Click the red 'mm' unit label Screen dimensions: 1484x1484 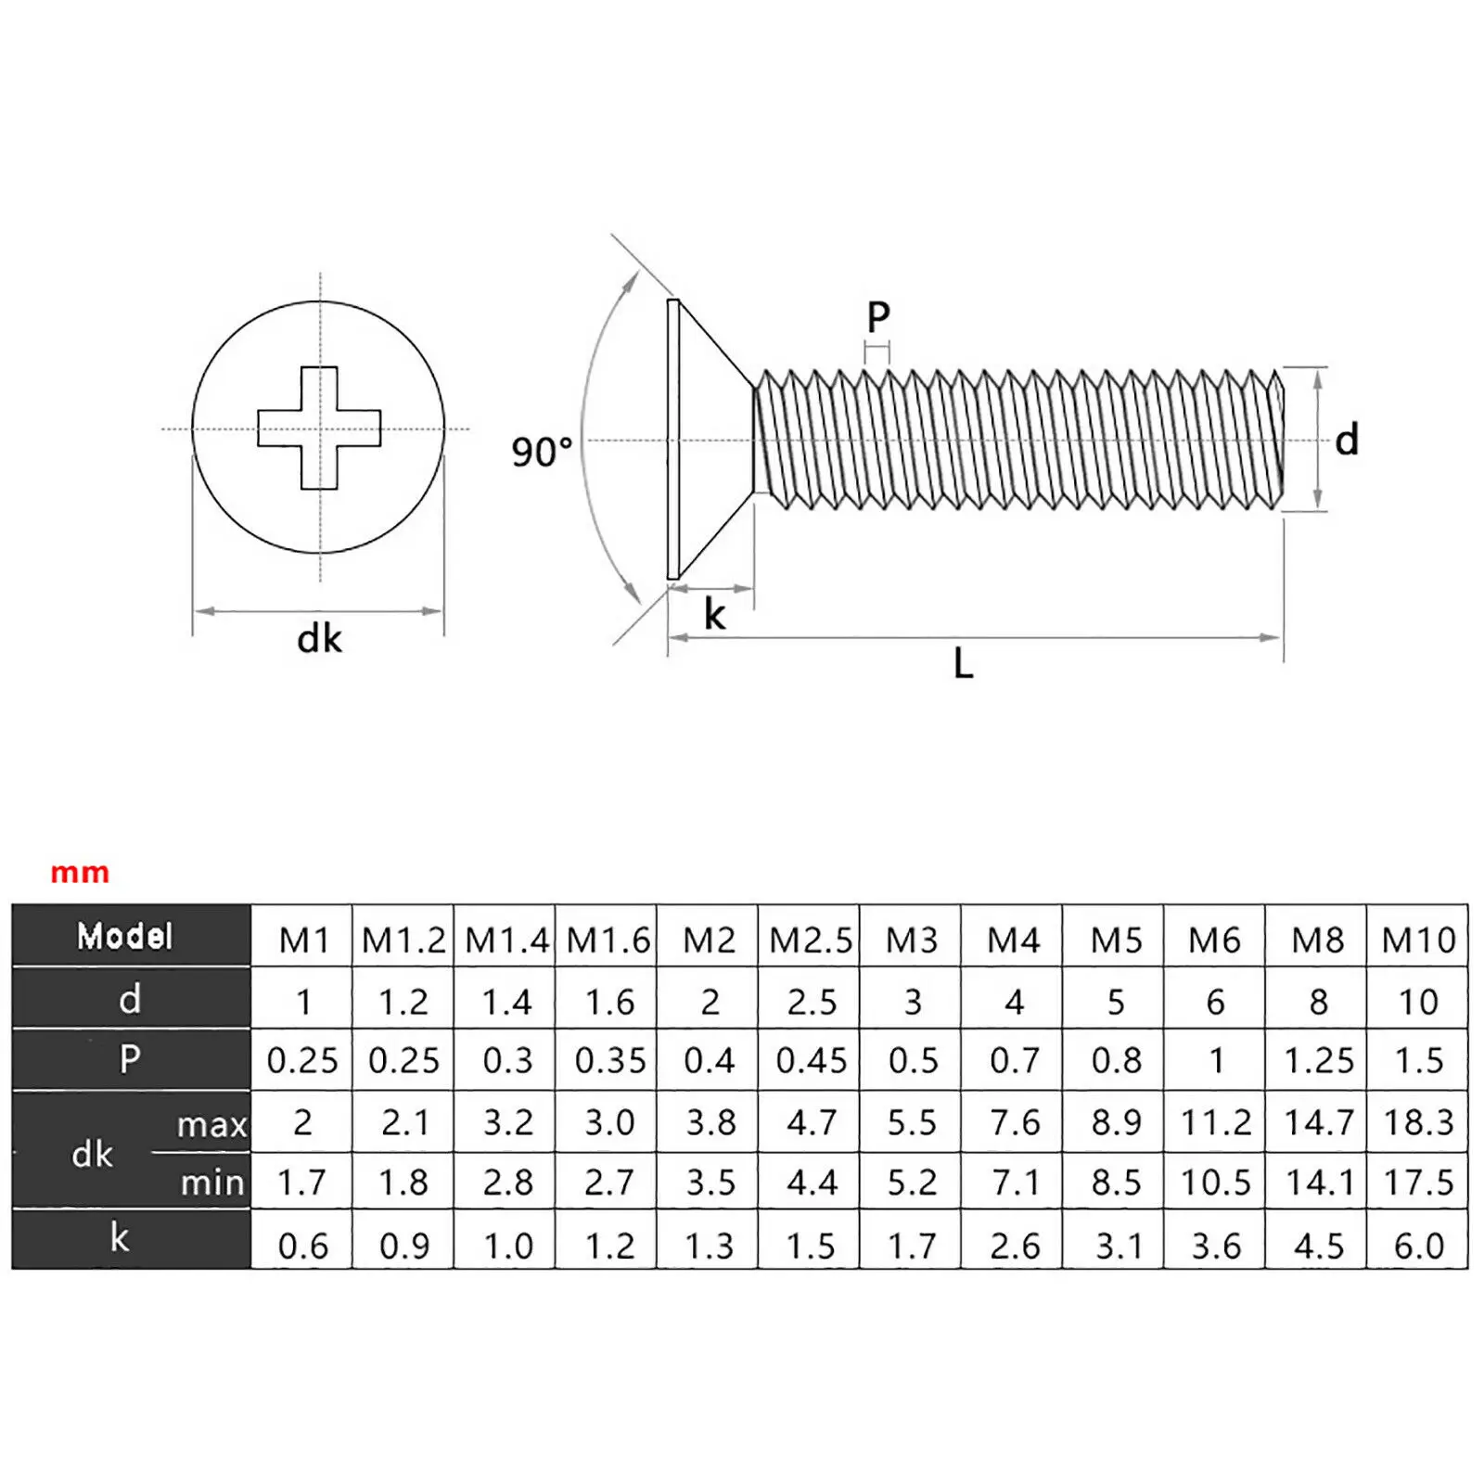click(80, 873)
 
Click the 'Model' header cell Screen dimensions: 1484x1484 click(125, 936)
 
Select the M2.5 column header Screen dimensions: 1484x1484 click(810, 940)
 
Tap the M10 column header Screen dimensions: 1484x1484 click(1418, 940)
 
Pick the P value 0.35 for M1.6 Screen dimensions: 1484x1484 click(609, 1060)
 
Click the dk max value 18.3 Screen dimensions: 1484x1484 click(1418, 1122)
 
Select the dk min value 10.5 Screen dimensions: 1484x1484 click(1215, 1183)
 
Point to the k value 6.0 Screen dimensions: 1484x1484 click(1418, 1246)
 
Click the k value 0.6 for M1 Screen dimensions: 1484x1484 click(302, 1246)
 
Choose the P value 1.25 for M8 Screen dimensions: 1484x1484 click(1318, 1060)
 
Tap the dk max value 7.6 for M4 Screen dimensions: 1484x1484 click(1014, 1122)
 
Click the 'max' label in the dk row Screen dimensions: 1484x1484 click(211, 1125)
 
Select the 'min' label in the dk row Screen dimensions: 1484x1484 click(211, 1183)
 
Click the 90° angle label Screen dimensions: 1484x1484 click(543, 453)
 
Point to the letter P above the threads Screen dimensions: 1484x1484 click(877, 318)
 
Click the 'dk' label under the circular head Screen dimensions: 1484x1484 click(319, 639)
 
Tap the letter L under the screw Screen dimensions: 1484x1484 click(963, 664)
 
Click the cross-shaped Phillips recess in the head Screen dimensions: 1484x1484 click(319, 428)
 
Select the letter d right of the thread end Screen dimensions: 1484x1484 click(1347, 440)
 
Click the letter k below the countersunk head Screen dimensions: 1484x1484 click(714, 614)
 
